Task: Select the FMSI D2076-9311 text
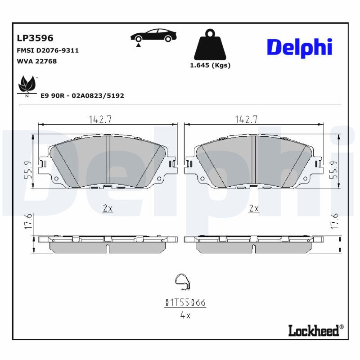click(47, 50)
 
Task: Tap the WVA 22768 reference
click(36, 61)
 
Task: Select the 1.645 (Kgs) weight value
click(210, 65)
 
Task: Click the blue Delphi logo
click(299, 47)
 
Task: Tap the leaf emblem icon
click(27, 85)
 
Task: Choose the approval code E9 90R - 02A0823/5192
click(82, 96)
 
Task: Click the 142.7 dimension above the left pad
click(100, 119)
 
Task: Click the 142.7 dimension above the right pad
click(246, 119)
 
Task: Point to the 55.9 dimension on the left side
click(27, 170)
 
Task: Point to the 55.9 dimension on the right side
click(333, 170)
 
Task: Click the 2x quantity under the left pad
click(107, 208)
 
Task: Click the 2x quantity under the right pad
click(254, 208)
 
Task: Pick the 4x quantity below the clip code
click(185, 315)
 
